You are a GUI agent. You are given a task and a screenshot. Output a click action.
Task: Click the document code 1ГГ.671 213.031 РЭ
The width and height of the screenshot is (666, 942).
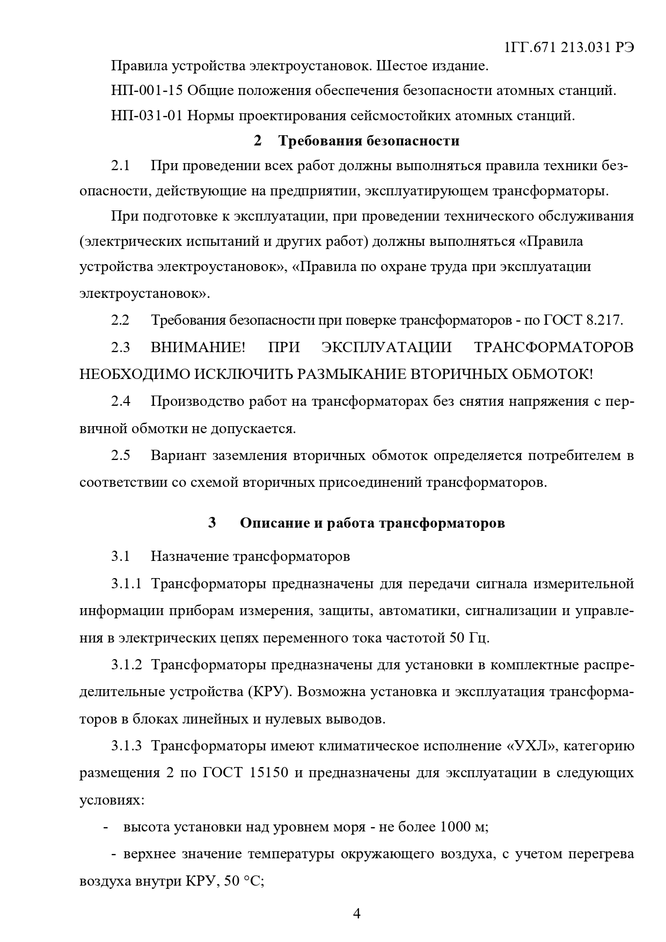coord(569,48)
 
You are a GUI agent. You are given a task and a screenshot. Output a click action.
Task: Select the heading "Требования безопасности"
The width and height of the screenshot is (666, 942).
coord(368,141)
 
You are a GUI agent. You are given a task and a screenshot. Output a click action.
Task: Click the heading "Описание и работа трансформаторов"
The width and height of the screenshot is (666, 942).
coord(372,523)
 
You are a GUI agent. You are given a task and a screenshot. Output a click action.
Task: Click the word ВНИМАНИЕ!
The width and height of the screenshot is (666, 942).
coord(197,347)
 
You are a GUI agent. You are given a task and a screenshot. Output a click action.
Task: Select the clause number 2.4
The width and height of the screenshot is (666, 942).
coord(121,401)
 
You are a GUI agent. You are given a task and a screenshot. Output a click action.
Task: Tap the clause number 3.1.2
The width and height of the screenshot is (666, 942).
coord(127,665)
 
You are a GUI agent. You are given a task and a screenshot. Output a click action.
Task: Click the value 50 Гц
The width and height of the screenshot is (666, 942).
coord(469,639)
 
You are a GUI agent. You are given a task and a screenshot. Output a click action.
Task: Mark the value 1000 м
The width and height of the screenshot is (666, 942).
coord(463,827)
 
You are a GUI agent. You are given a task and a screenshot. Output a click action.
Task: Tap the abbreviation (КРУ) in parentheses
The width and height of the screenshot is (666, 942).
coord(269,692)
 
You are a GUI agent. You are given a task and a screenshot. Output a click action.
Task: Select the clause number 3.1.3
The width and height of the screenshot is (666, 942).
coord(127,746)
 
